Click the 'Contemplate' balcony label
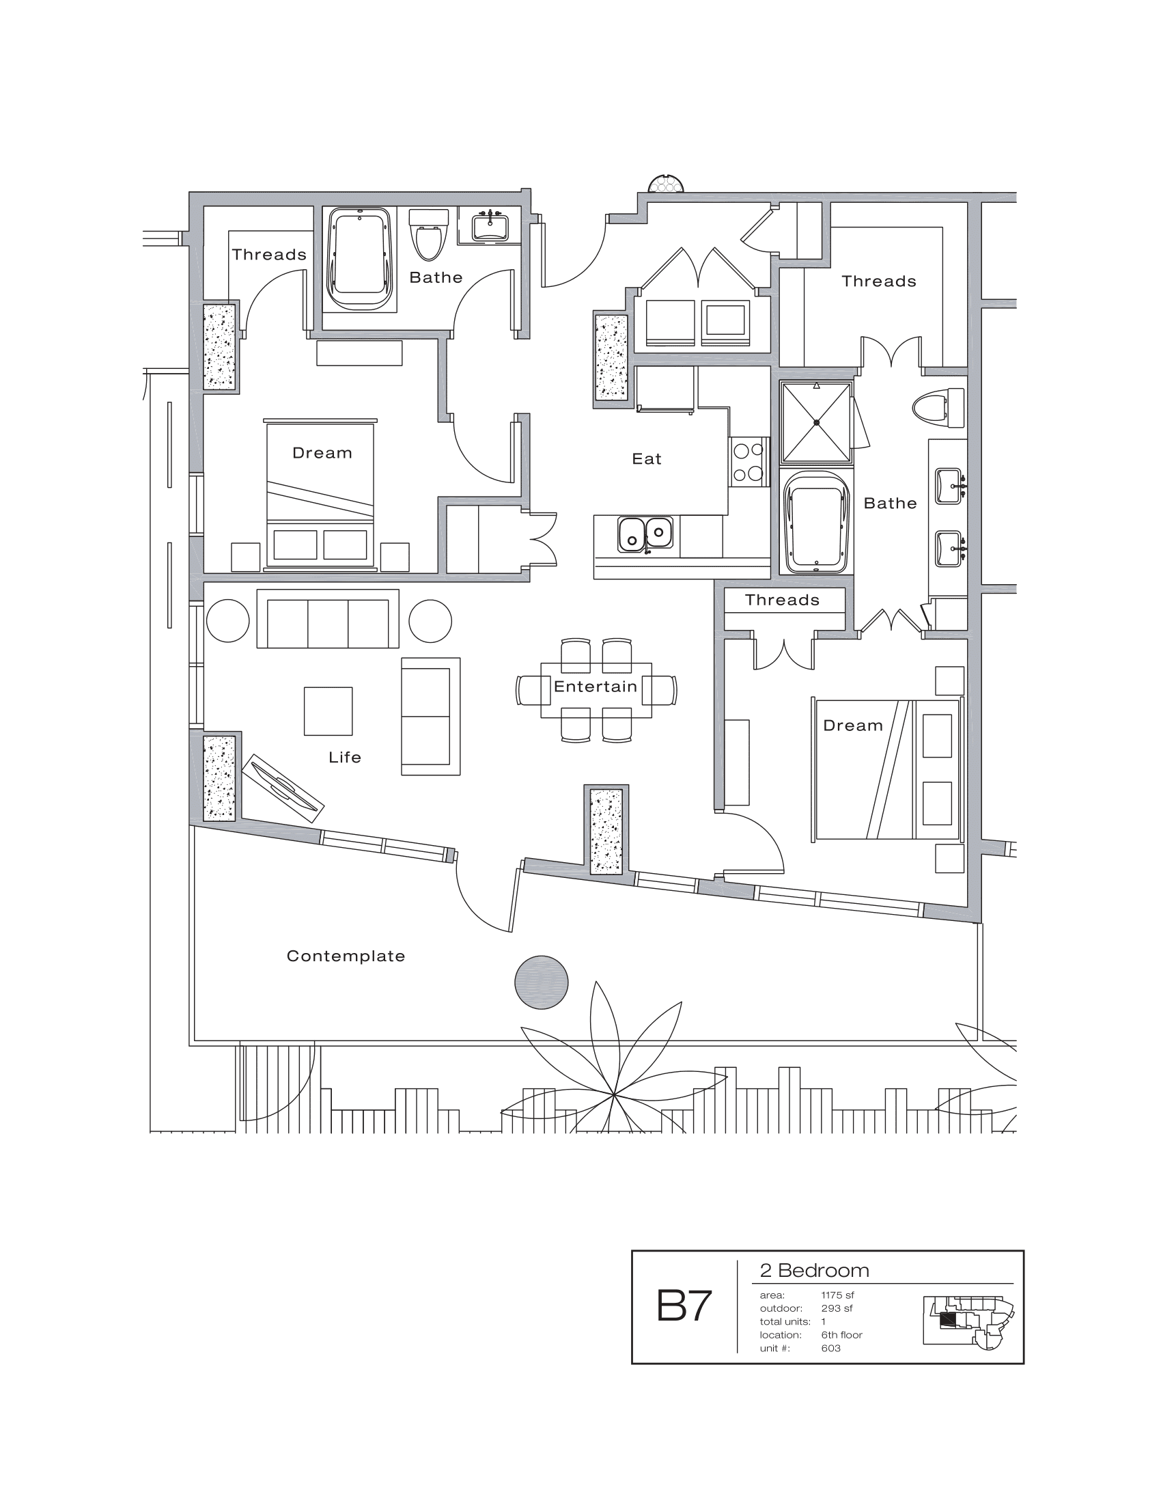(x=346, y=956)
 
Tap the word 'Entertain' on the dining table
(x=595, y=686)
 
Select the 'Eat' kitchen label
(x=647, y=459)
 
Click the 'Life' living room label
(x=345, y=757)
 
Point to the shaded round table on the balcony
(x=542, y=982)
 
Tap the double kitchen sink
(x=645, y=534)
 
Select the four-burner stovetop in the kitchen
(x=749, y=462)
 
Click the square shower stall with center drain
(x=816, y=422)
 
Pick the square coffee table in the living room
(x=328, y=711)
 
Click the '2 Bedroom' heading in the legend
(x=813, y=1271)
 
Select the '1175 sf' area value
(x=837, y=1295)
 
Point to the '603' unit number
(x=830, y=1348)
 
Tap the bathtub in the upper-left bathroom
(x=360, y=260)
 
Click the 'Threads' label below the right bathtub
(x=782, y=600)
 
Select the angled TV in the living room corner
(x=283, y=788)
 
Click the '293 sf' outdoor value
(x=837, y=1308)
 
